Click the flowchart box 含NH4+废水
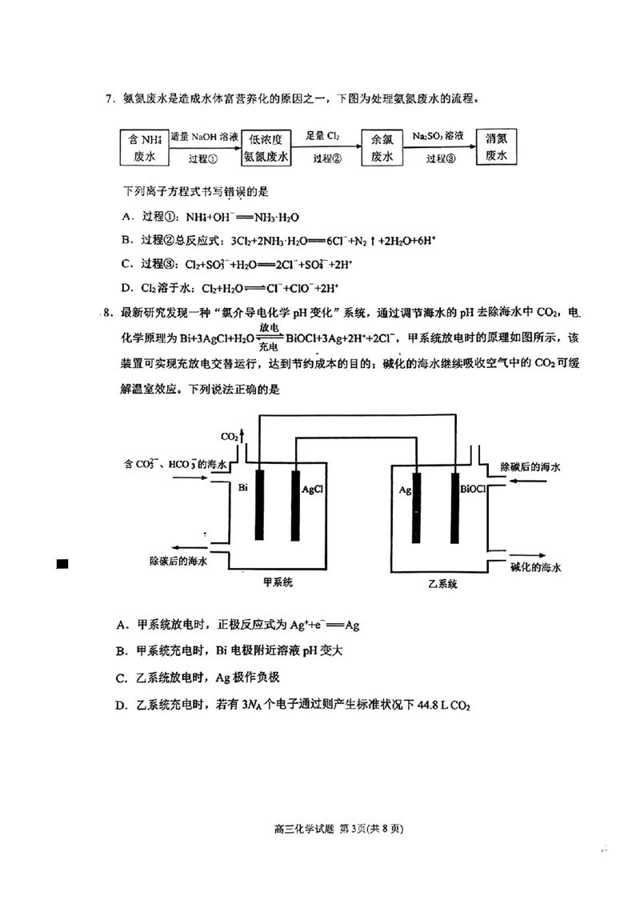pos(144,147)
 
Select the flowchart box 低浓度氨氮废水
pos(266,147)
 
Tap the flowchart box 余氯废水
pos(382,147)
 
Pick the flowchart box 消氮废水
pos(496,146)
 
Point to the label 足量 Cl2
pos(323,136)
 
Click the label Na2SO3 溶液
pos(438,136)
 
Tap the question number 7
pos(110,99)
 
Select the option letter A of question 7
pos(126,217)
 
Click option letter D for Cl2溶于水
pos(126,289)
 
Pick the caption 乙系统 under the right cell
pos(442,584)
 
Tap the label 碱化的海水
pos(535,566)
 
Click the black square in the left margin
pos(62,564)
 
